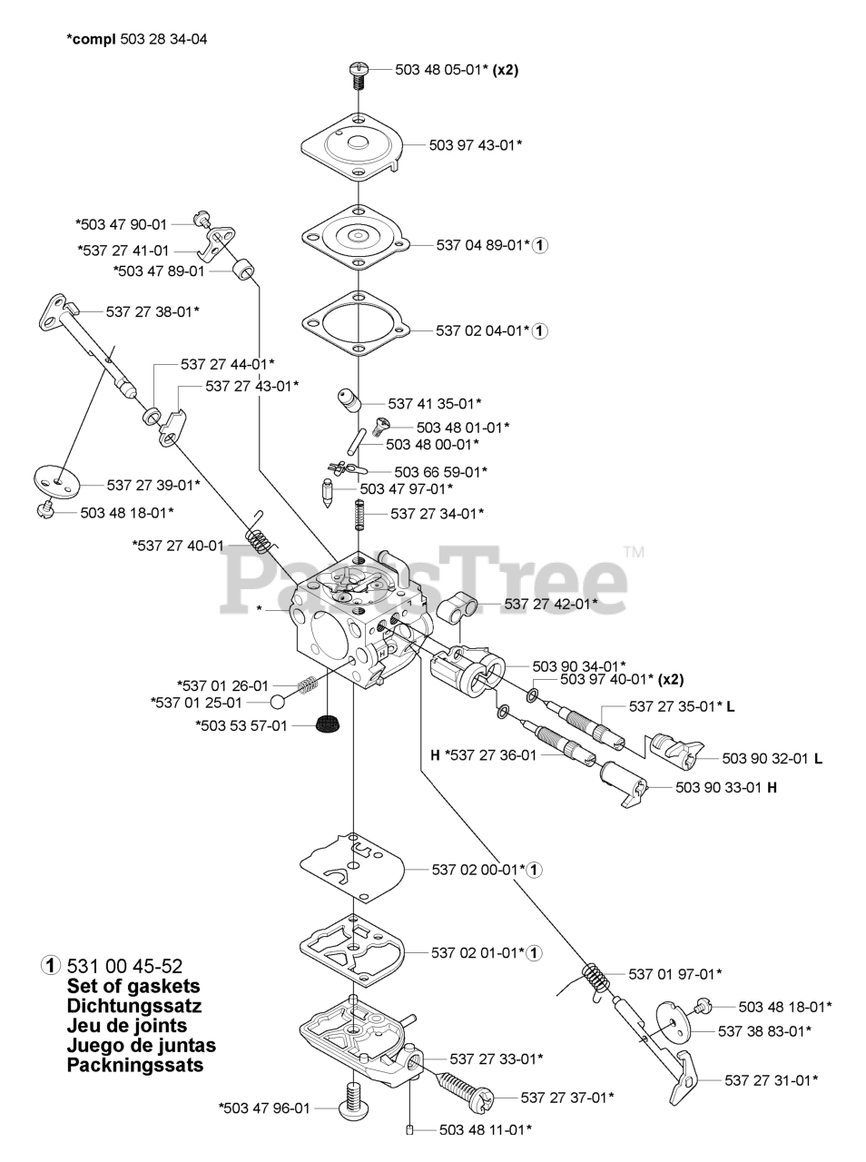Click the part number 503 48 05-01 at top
click(x=443, y=69)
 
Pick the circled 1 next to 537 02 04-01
click(x=539, y=331)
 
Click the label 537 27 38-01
click(x=153, y=311)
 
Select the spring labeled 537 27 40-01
click(x=261, y=535)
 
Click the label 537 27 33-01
click(x=497, y=1059)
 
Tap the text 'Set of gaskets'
click(x=133, y=986)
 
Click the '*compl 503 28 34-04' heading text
click(x=137, y=40)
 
